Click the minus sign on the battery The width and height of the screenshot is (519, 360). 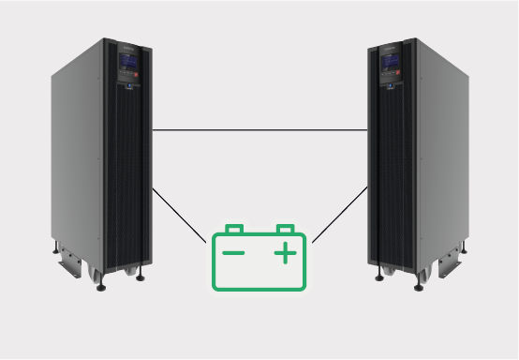[233, 253]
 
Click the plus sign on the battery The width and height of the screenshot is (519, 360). [285, 253]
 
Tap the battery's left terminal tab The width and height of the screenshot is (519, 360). [235, 228]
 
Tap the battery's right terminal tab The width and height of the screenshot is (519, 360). [284, 228]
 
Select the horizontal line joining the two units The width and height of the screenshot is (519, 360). [259, 129]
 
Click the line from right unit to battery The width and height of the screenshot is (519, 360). [339, 216]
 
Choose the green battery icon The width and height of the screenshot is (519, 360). [259, 257]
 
